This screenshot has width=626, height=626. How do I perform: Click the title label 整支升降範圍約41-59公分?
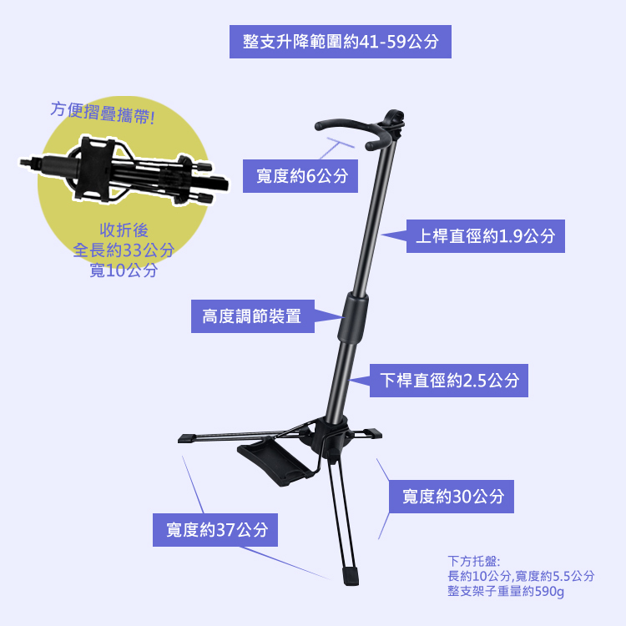[x=341, y=42]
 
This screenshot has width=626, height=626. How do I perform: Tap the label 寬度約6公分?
[x=300, y=175]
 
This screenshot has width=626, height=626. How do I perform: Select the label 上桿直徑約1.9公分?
[x=485, y=236]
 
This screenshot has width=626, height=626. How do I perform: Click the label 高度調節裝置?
[x=251, y=316]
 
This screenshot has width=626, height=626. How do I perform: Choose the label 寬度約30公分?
[x=452, y=497]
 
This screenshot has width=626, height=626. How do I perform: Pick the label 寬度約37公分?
[x=216, y=529]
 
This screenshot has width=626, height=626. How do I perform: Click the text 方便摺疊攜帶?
[x=102, y=112]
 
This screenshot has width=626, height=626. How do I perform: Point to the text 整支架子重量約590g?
[x=506, y=592]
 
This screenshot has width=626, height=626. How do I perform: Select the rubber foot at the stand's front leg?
[x=351, y=575]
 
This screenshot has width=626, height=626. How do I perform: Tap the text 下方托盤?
[x=473, y=561]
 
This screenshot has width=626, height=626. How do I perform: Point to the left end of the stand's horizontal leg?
[x=185, y=437]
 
